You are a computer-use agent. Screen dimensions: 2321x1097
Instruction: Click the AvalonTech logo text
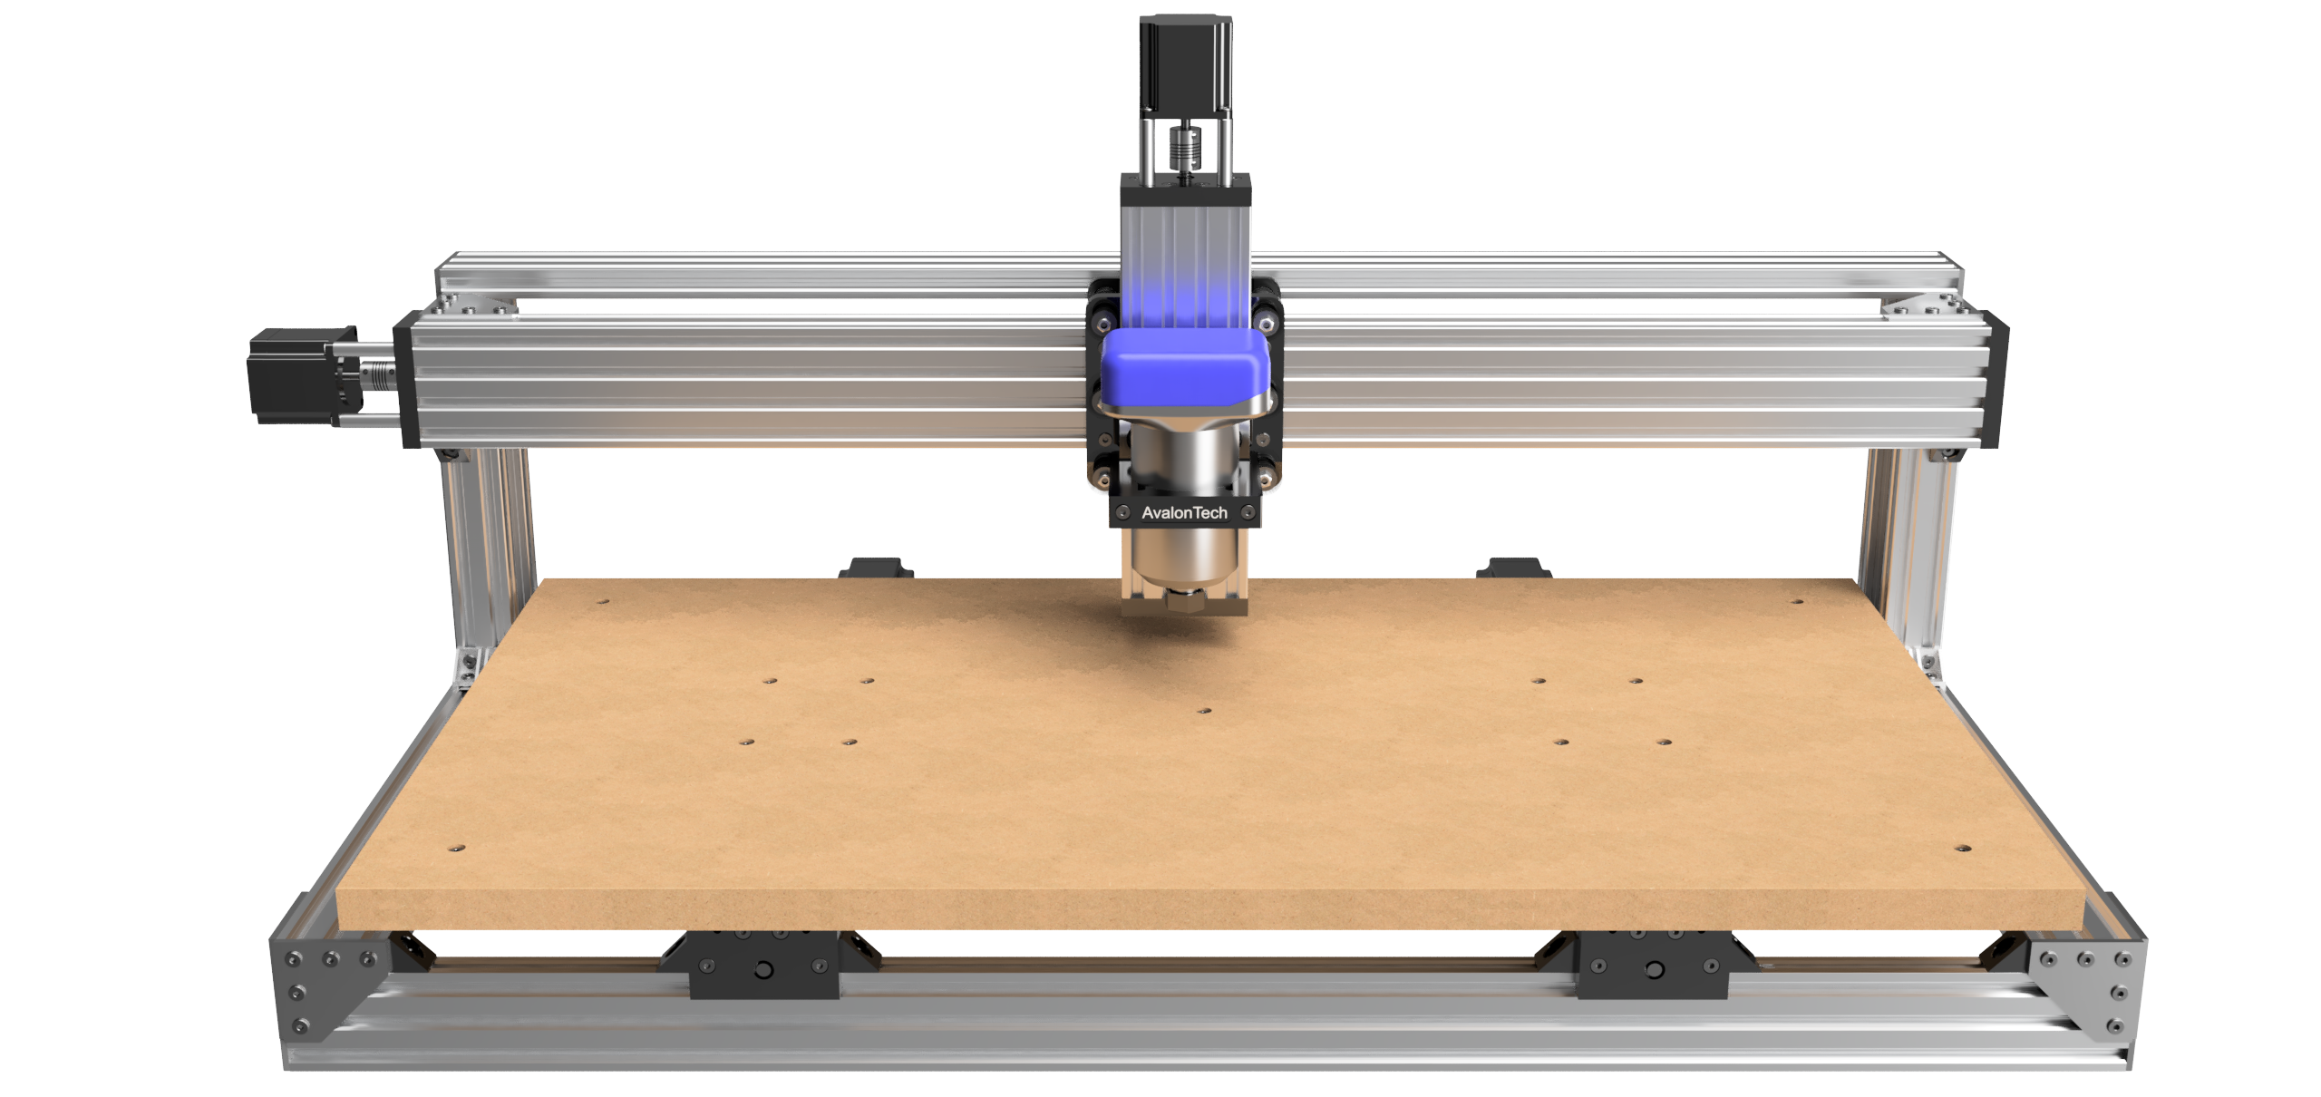tap(1184, 513)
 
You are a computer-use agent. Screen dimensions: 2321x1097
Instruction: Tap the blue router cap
tap(1186, 368)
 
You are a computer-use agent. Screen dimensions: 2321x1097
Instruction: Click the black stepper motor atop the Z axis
tap(1185, 63)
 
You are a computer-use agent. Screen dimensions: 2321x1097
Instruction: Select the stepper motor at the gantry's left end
tap(295, 375)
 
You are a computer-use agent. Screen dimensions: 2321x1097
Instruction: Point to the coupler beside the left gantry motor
tap(376, 374)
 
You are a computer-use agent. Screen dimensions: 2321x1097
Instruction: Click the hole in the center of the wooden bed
tap(1204, 712)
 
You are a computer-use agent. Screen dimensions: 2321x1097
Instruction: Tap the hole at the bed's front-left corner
tap(456, 849)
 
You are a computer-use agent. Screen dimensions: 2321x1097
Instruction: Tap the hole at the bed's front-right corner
tap(1962, 849)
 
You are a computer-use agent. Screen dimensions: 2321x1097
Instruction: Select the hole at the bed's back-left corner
tap(603, 601)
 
